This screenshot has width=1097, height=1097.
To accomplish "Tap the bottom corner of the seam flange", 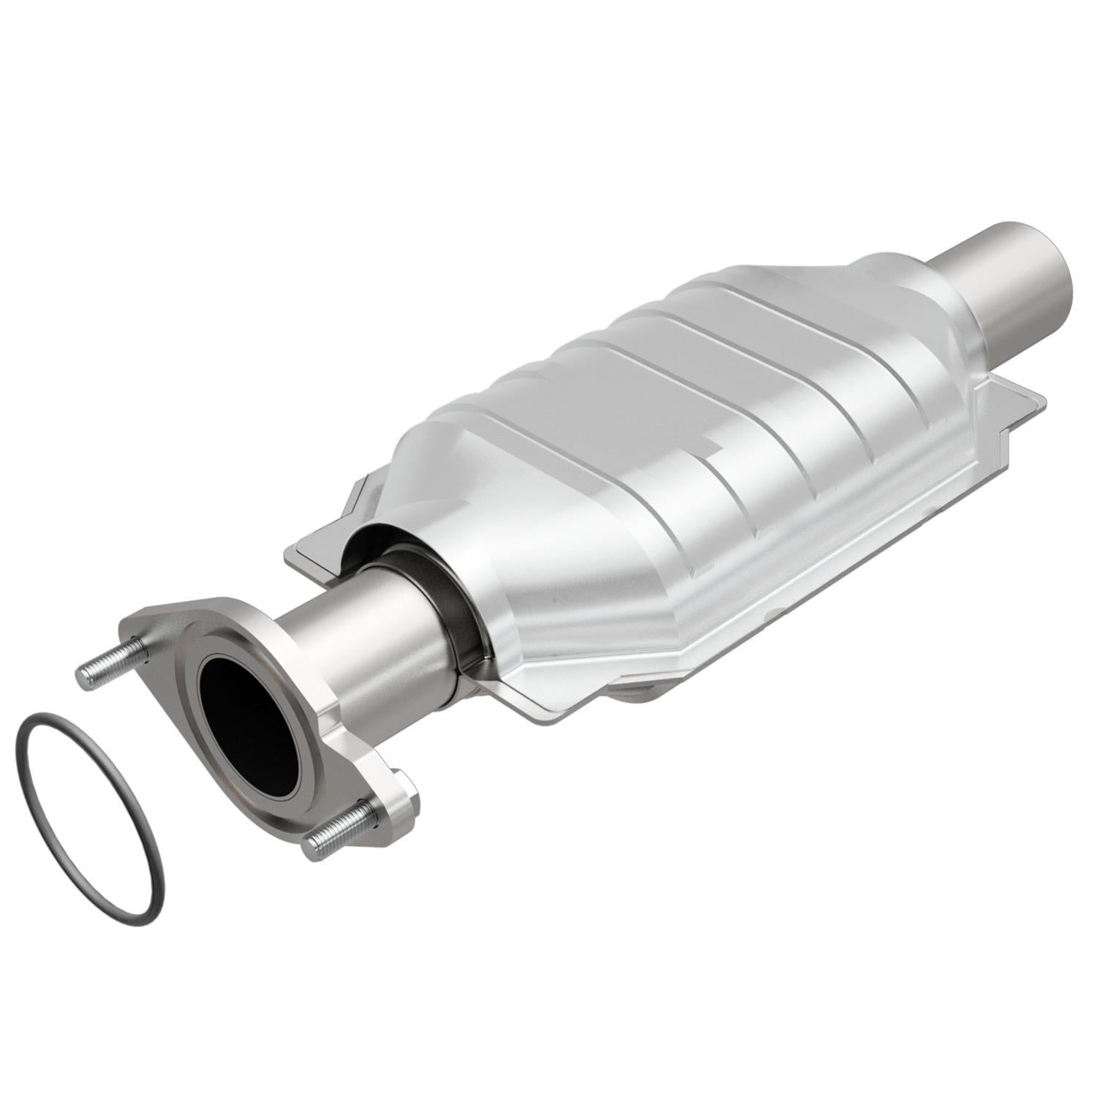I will [x=541, y=713].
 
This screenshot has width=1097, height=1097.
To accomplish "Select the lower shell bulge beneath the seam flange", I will [x=644, y=687].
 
